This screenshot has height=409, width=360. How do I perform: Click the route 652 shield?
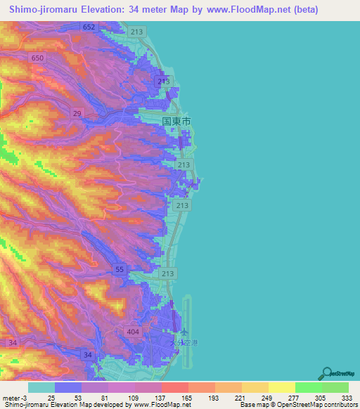coord(89,27)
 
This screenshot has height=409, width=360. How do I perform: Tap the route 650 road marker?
coord(37,58)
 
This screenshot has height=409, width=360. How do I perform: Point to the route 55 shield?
coord(120,269)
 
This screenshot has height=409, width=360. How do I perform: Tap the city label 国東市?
coord(176,121)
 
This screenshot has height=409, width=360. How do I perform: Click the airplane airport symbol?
coord(184,332)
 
